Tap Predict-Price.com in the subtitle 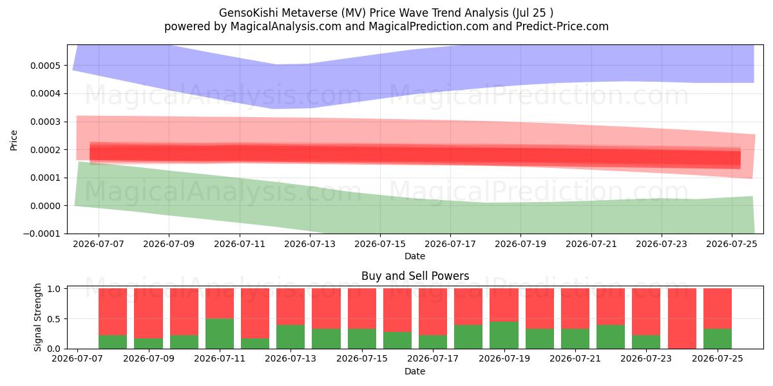[x=562, y=26]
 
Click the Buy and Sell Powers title [x=415, y=276]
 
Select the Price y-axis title [x=14, y=140]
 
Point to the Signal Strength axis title [x=37, y=317]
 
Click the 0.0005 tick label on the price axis [x=45, y=66]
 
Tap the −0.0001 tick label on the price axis [x=41, y=234]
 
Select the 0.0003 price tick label [x=45, y=122]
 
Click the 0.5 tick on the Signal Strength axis [x=54, y=319]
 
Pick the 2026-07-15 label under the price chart [x=380, y=244]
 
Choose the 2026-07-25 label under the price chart [x=732, y=244]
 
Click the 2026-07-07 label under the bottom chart [x=77, y=358]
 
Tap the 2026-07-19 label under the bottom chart [x=504, y=358]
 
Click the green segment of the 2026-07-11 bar [x=220, y=334]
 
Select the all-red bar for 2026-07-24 [x=682, y=318]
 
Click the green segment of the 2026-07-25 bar [x=718, y=339]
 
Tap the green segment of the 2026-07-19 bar [x=504, y=335]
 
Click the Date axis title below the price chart [x=415, y=256]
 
